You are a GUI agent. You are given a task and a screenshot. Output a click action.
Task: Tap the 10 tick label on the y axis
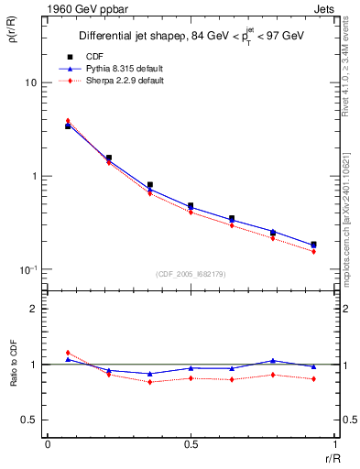(x=30, y=82)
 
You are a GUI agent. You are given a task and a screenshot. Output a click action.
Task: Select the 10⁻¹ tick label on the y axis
(x=28, y=269)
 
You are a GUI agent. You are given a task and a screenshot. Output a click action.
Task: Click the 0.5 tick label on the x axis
(x=189, y=444)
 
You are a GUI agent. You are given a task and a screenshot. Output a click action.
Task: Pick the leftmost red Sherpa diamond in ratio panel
(x=68, y=353)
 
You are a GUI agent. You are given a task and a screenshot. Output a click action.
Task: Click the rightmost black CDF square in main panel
(x=313, y=245)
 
